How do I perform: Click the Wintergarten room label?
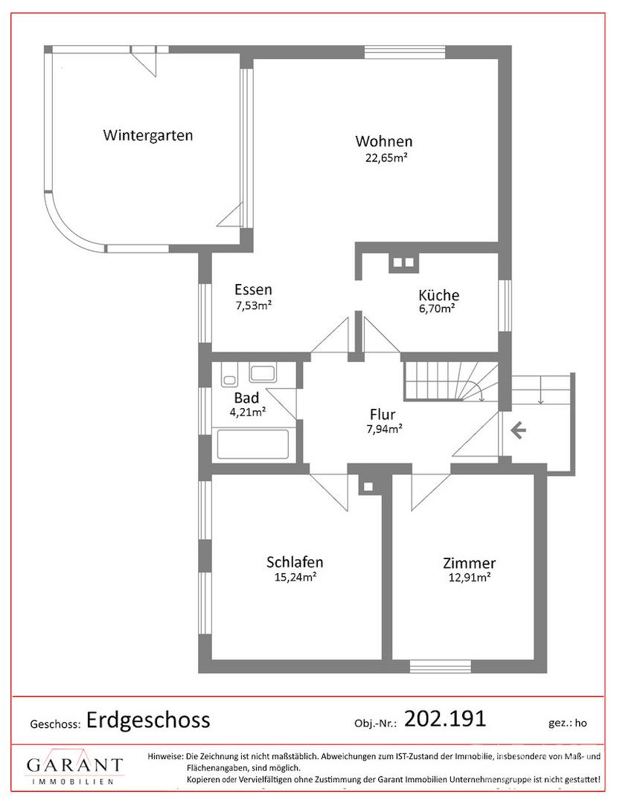pyautogui.click(x=148, y=135)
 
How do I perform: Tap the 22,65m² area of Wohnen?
pyautogui.click(x=383, y=157)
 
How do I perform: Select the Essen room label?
pyautogui.click(x=253, y=290)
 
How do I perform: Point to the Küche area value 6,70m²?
pyautogui.click(x=437, y=309)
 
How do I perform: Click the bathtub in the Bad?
pyautogui.click(x=252, y=445)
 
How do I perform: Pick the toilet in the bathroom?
pyautogui.click(x=228, y=375)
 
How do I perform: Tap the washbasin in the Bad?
pyautogui.click(x=262, y=373)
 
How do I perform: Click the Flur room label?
pyautogui.click(x=383, y=415)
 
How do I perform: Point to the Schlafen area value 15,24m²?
pyautogui.click(x=295, y=576)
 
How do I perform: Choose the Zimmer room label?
pyautogui.click(x=469, y=564)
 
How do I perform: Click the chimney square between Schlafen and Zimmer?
pyautogui.click(x=368, y=487)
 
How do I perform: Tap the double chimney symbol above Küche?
pyautogui.click(x=403, y=262)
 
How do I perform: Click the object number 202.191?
pyautogui.click(x=444, y=718)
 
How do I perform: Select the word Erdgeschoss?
pyautogui.click(x=148, y=719)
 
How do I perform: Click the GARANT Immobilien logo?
pyautogui.click(x=74, y=770)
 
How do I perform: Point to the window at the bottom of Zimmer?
pyautogui.click(x=440, y=665)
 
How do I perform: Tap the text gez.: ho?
pyautogui.click(x=566, y=722)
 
